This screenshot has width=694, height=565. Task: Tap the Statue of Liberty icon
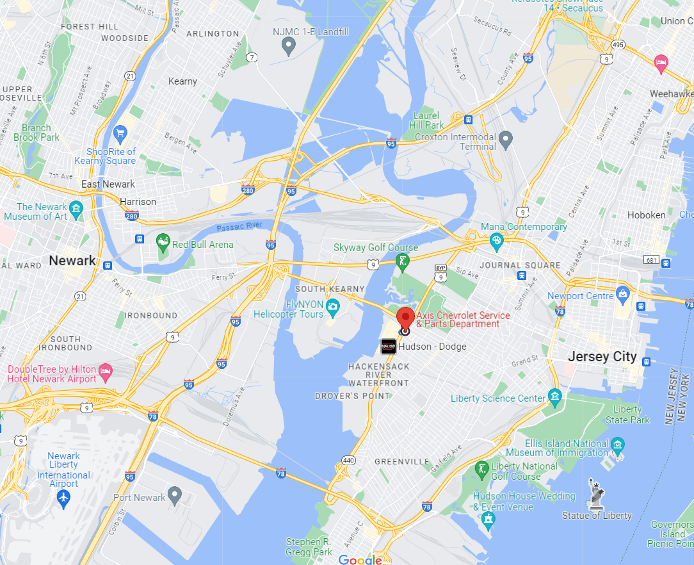tap(597, 494)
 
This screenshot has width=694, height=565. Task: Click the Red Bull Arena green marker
tap(163, 243)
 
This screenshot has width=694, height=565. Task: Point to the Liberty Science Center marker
tap(554, 398)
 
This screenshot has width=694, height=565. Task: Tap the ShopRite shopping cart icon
tap(120, 134)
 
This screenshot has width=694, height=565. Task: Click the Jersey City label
tap(602, 357)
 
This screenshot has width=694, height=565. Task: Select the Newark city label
tap(72, 261)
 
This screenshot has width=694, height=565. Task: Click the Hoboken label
tap(646, 215)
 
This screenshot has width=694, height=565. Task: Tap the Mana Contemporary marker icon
tap(496, 240)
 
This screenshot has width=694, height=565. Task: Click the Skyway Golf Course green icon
tap(402, 261)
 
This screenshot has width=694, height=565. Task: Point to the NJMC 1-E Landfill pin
tap(289, 46)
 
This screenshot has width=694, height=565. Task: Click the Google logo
tap(360, 559)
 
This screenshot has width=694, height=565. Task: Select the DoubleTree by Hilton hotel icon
tap(106, 371)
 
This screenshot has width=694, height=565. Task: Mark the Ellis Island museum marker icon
tap(617, 444)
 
